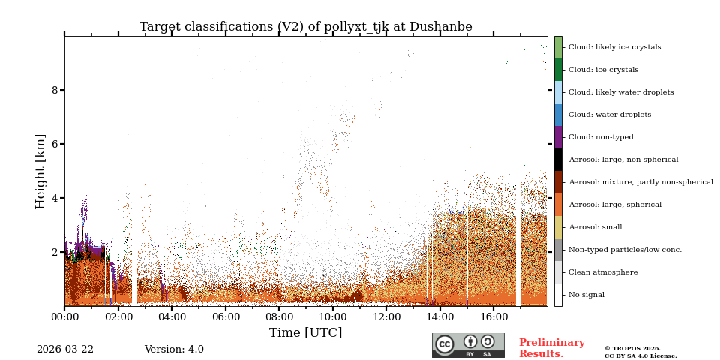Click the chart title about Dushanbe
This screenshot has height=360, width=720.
click(305, 27)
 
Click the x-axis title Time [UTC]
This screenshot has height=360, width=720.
click(305, 332)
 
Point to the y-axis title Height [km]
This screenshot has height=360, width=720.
click(40, 171)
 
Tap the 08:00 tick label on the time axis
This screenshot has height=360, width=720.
click(279, 317)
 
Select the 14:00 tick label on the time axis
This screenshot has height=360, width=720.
click(439, 317)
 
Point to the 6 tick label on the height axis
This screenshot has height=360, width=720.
click(54, 144)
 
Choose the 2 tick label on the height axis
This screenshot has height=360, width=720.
click(54, 252)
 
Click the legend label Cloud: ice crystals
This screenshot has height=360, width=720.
click(603, 70)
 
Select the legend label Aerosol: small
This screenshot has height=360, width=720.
click(595, 227)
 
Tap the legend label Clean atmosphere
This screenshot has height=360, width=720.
click(603, 272)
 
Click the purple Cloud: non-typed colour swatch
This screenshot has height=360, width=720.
click(558, 137)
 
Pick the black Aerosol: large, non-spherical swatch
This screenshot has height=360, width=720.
click(558, 160)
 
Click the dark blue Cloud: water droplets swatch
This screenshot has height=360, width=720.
click(558, 115)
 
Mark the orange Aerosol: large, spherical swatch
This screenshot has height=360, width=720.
click(558, 205)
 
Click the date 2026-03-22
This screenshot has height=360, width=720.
click(65, 349)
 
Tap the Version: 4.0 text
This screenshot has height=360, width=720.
click(174, 349)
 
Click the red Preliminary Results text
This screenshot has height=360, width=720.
click(551, 348)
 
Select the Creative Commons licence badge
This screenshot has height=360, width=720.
click(468, 345)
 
